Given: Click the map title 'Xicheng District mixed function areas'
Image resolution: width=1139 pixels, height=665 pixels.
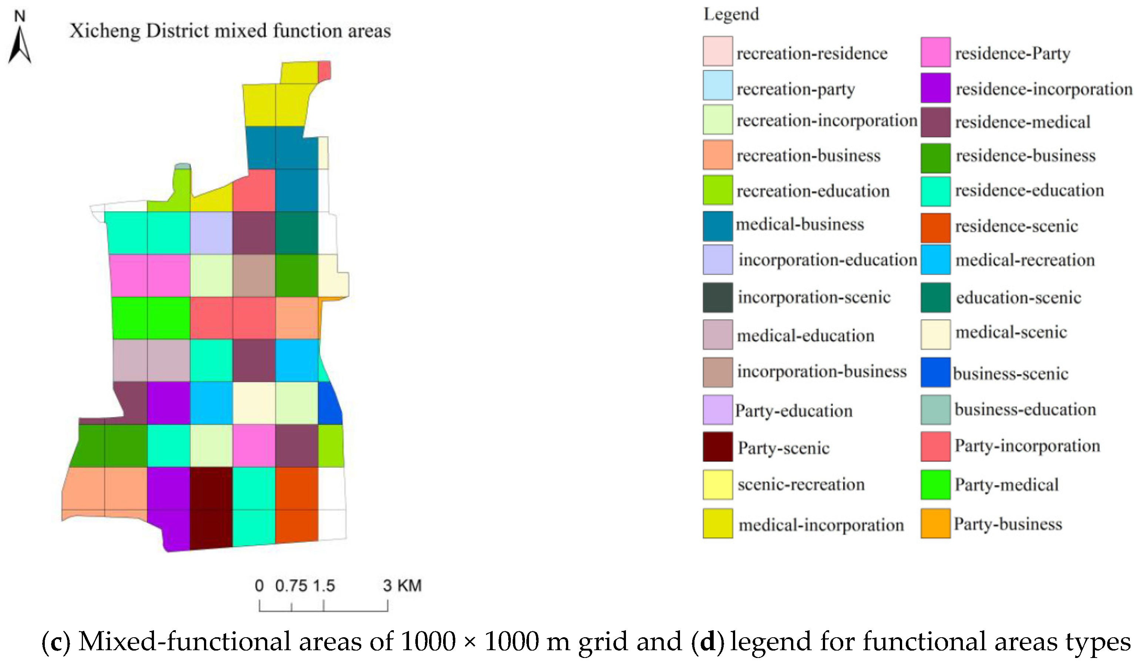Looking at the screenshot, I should pyautogui.click(x=230, y=31).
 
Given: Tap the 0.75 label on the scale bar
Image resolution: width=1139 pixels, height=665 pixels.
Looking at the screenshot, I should pyautogui.click(x=291, y=586).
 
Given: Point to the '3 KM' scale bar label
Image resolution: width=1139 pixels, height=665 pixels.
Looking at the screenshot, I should pyautogui.click(x=402, y=586).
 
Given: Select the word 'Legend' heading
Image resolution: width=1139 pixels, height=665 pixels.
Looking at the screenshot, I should pyautogui.click(x=731, y=14).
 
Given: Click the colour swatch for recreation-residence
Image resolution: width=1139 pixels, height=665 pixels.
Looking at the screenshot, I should pyautogui.click(x=717, y=51).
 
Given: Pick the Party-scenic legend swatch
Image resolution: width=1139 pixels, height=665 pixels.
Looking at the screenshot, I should pyautogui.click(x=717, y=447).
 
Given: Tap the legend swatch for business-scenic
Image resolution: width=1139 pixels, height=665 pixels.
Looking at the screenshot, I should pyautogui.click(x=935, y=372).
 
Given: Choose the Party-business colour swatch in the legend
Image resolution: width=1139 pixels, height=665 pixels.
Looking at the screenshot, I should pyautogui.click(x=935, y=523).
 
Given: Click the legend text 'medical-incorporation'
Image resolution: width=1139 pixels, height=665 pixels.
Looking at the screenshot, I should pyautogui.click(x=821, y=525).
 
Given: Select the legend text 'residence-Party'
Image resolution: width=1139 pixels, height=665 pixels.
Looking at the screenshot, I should pyautogui.click(x=1012, y=54).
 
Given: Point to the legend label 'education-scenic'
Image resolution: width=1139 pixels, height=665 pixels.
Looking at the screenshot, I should pyautogui.click(x=1018, y=298).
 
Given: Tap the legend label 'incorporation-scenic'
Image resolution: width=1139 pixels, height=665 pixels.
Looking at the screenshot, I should pyautogui.click(x=814, y=297).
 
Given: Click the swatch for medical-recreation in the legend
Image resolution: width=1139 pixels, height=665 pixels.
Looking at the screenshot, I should pyautogui.click(x=935, y=259).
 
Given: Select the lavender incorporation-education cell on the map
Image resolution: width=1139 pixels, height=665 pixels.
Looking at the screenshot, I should pyautogui.click(x=211, y=233).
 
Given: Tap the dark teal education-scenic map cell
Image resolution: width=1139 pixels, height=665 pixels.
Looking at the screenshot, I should pyautogui.click(x=297, y=233).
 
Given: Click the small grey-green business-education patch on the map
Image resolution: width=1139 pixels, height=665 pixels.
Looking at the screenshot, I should pyautogui.click(x=182, y=166).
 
